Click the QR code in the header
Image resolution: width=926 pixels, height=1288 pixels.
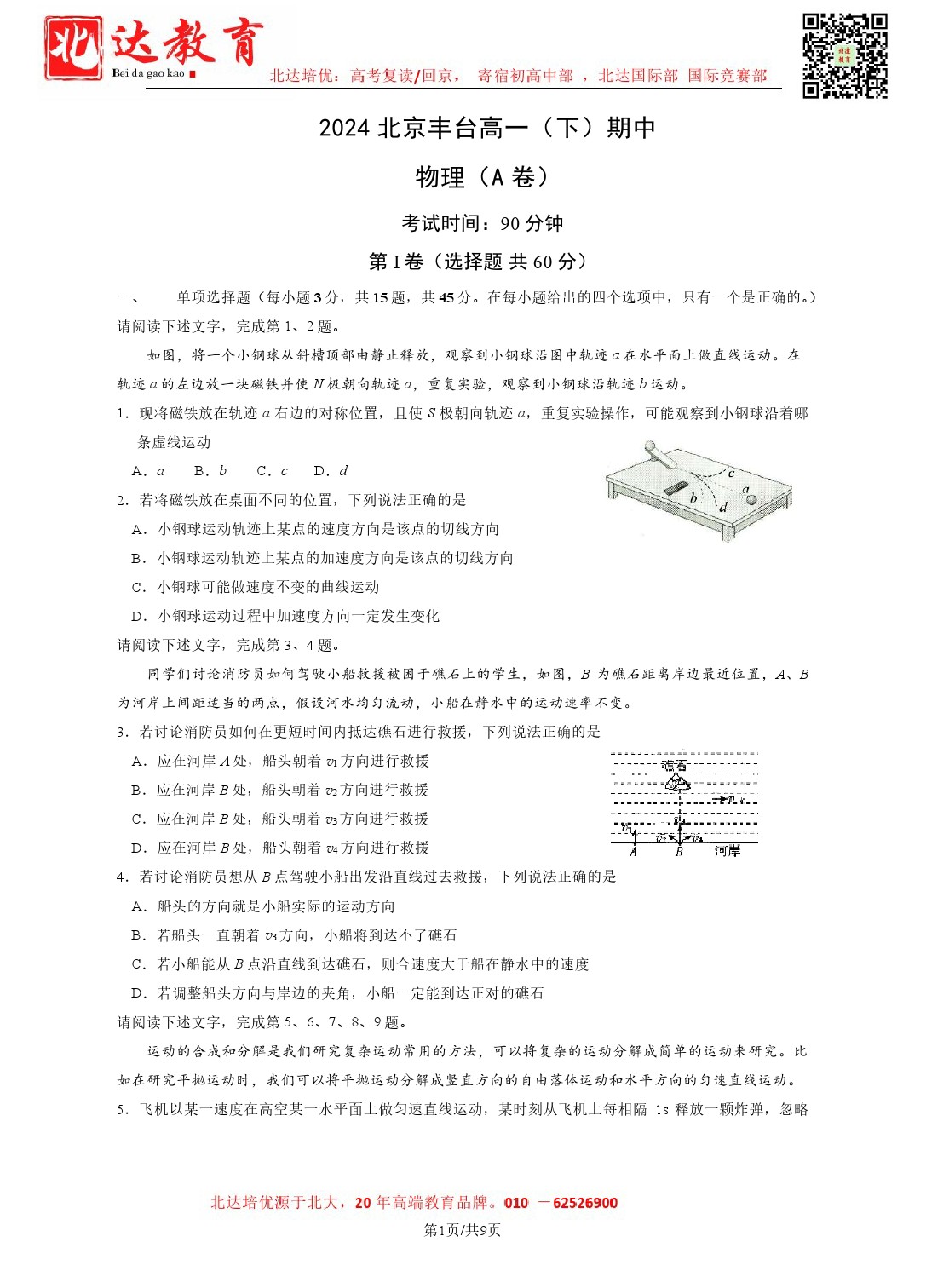844,55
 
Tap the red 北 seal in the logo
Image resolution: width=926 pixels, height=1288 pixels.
73,49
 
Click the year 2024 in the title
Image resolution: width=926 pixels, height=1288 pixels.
344,129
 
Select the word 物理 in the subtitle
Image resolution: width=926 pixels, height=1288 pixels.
440,177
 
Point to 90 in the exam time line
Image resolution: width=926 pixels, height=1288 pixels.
509,224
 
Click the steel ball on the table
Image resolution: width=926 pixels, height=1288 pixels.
751,499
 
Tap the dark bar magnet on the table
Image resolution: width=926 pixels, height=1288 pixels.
675,488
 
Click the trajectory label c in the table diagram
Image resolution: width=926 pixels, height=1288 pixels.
731,473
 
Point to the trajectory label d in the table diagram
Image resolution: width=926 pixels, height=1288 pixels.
723,508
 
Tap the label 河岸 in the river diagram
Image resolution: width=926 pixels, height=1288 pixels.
727,851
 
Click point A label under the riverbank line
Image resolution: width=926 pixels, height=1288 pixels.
633,851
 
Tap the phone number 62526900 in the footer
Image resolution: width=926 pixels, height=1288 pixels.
585,1203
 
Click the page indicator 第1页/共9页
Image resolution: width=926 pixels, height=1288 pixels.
463,1230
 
